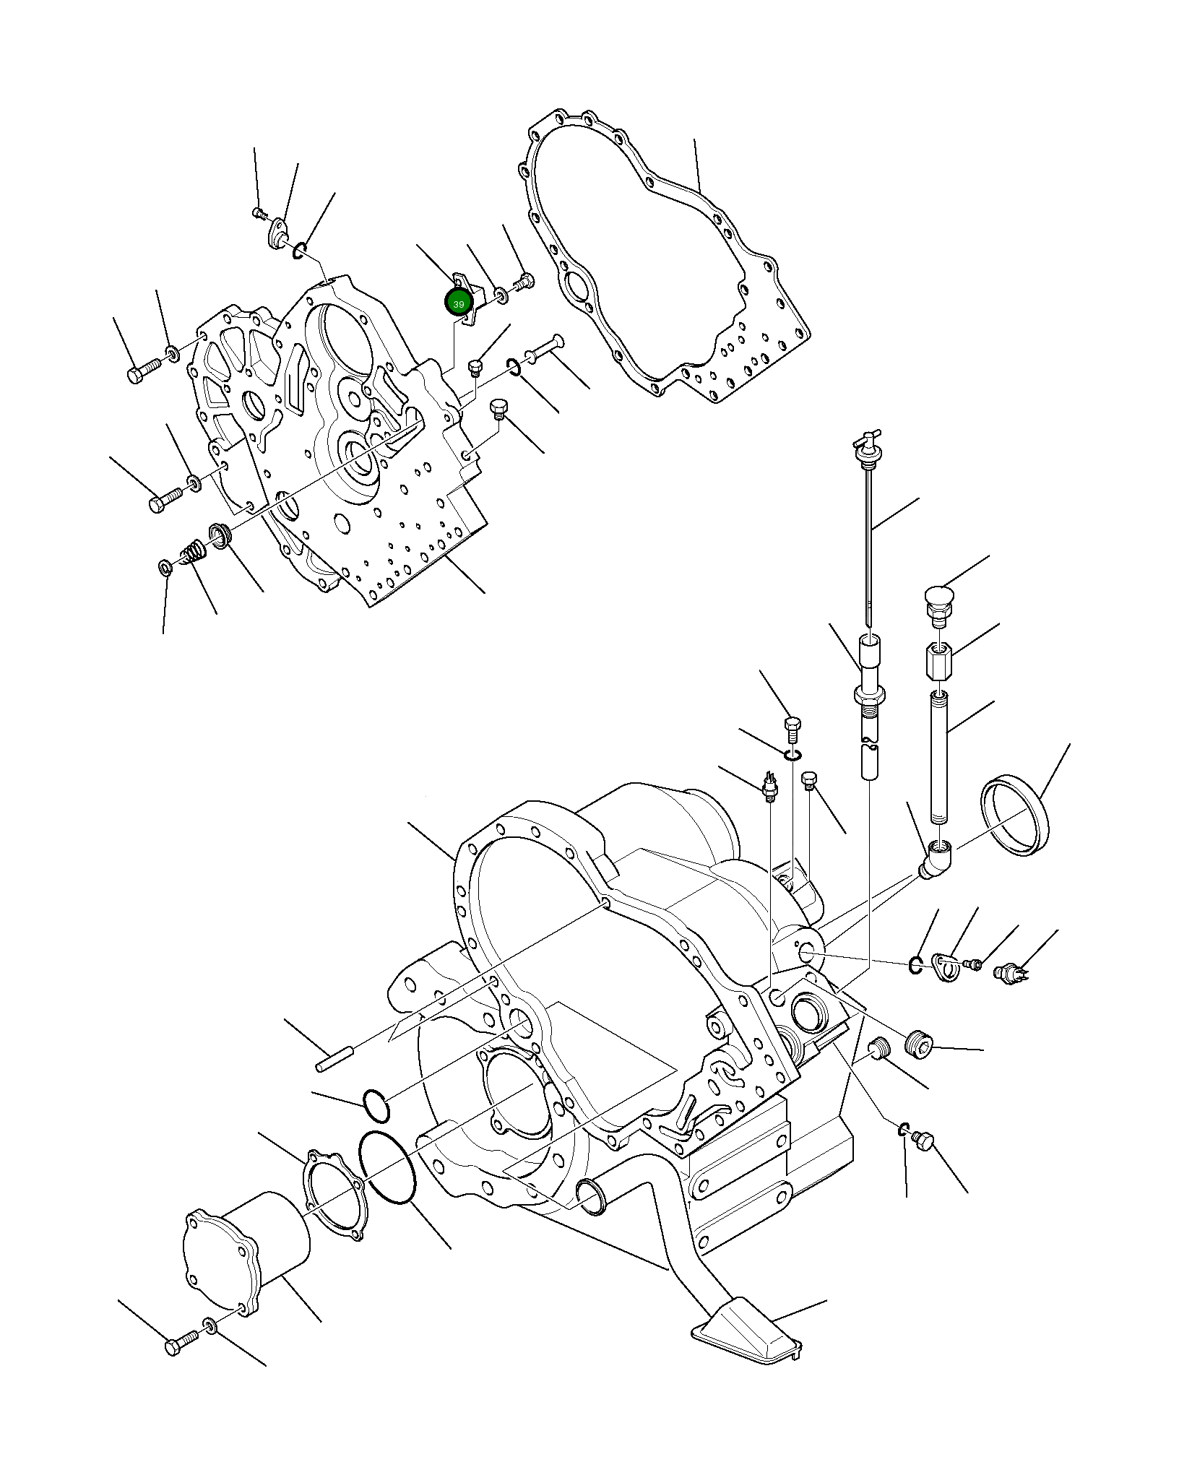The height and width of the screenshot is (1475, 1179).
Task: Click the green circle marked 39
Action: [458, 303]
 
